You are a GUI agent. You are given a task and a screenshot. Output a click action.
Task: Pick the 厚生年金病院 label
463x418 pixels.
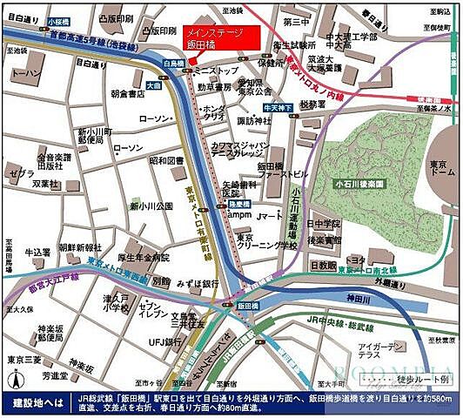point(143,257)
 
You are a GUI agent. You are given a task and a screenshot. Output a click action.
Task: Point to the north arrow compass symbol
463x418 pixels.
point(15,379)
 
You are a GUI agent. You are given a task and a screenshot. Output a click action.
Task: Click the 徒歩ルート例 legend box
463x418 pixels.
point(407,380)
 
